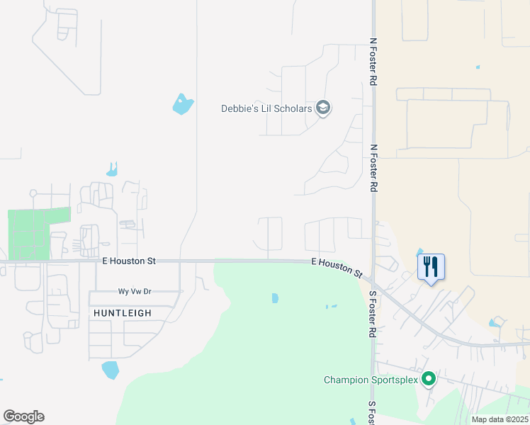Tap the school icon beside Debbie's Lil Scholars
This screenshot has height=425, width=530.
click(x=324, y=108)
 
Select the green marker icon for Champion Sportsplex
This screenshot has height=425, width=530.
click(x=429, y=380)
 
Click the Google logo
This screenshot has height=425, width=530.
click(x=23, y=416)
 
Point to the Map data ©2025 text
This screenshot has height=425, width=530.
click(x=500, y=419)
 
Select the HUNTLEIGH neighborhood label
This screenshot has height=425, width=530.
click(x=123, y=312)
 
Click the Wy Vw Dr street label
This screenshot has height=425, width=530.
click(x=135, y=292)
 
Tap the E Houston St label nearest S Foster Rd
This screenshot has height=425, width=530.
click(x=337, y=267)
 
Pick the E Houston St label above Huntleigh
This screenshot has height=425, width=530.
click(x=128, y=261)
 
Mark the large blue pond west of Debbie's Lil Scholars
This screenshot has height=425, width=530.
click(x=183, y=104)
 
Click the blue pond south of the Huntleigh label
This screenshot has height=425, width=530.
click(x=110, y=370)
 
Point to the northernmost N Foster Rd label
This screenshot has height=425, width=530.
click(x=373, y=61)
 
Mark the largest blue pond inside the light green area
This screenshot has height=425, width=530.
click(x=275, y=298)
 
